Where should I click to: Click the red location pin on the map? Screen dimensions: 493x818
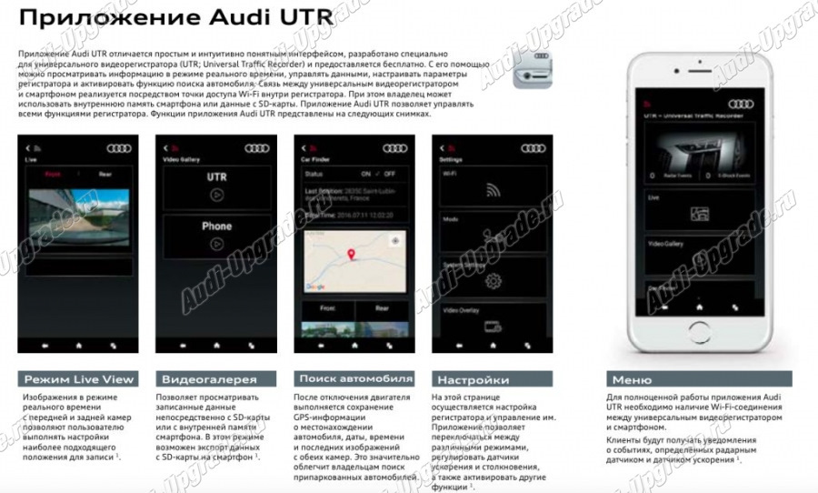coord(350,256)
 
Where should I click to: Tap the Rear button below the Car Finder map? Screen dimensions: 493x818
coord(381,308)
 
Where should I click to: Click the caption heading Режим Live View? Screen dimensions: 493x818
coord(78,379)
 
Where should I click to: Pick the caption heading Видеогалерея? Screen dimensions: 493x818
coord(209,379)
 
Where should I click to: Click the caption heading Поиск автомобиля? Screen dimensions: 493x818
coord(354,378)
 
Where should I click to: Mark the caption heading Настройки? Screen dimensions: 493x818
coord(474,379)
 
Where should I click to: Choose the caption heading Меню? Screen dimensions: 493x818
coord(632,379)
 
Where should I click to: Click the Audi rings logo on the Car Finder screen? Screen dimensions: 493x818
coord(394,148)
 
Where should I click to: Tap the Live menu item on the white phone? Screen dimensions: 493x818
coord(654,196)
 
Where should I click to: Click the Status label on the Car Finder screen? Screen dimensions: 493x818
coord(314,173)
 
